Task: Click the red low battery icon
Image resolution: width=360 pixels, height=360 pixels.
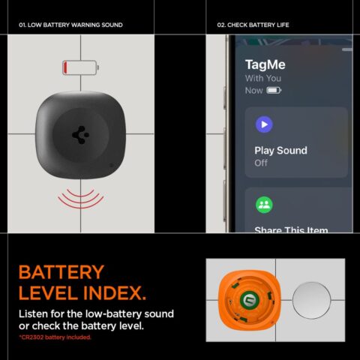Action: coord(79,68)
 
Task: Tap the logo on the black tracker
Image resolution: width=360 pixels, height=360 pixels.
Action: coord(79,134)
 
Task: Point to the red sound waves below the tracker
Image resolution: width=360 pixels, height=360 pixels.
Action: coord(79,197)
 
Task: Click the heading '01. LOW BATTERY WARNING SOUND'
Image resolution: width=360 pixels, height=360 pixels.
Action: coord(70,25)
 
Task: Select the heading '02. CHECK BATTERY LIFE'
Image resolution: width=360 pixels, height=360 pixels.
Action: coord(253,25)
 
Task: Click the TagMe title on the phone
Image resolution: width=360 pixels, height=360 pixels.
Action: coord(265,64)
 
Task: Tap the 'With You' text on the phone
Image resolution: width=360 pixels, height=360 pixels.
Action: coord(262,78)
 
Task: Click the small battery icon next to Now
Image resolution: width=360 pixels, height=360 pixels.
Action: coord(274,91)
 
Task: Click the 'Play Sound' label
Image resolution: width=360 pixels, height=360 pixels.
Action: coord(280,150)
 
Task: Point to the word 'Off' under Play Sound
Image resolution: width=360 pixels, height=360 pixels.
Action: coord(261,163)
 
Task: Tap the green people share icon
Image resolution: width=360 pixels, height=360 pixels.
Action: coord(264,205)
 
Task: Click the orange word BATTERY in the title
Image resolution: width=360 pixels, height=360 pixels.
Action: coord(61,272)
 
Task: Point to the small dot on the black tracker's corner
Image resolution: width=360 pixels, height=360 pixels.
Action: coord(112,166)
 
